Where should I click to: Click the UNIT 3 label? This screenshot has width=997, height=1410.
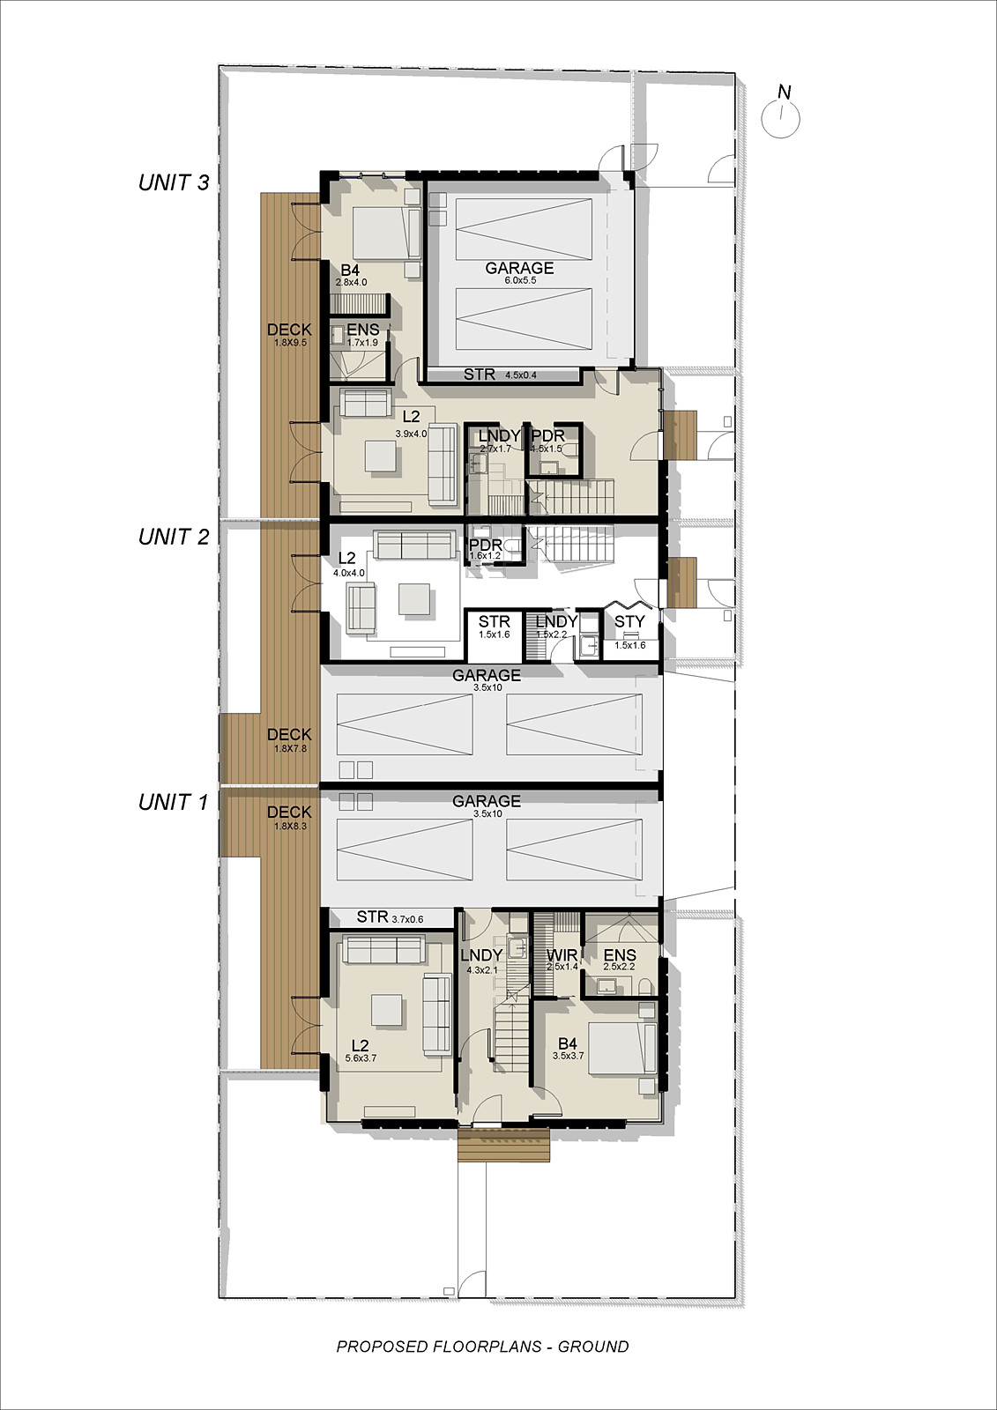(x=173, y=182)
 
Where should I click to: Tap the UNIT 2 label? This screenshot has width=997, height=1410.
(x=173, y=537)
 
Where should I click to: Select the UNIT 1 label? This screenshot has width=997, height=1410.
(x=173, y=802)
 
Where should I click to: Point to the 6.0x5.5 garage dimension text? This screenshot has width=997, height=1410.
(x=519, y=280)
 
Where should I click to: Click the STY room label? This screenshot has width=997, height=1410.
(x=629, y=621)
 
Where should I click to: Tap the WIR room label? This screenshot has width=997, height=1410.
(x=562, y=955)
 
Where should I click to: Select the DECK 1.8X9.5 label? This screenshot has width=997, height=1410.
(x=289, y=335)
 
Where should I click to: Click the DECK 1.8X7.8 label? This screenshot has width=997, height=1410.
(x=289, y=739)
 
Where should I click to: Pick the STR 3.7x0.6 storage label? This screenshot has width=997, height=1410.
(x=390, y=917)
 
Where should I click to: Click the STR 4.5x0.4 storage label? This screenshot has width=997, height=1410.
(x=500, y=375)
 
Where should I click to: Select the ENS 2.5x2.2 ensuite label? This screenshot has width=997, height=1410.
(x=619, y=960)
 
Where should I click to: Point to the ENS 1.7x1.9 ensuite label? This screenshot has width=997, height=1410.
(x=363, y=335)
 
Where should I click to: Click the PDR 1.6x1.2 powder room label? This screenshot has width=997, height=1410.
(x=486, y=549)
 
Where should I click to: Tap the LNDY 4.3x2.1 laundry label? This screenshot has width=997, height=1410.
(x=482, y=961)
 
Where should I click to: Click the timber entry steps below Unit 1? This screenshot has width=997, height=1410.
(x=504, y=1145)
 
